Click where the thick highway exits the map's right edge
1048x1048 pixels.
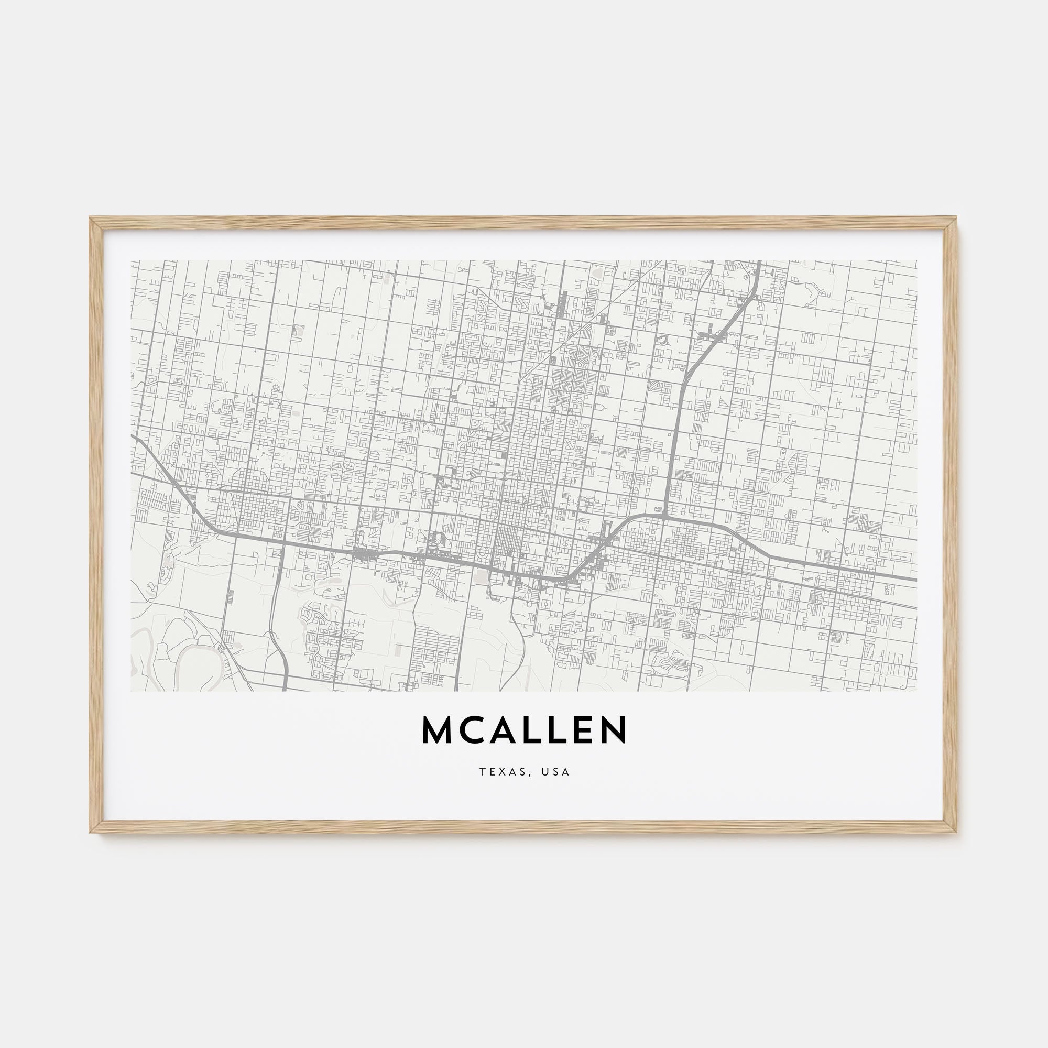pos(915,579)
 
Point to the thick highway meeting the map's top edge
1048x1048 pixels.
pos(758,261)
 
